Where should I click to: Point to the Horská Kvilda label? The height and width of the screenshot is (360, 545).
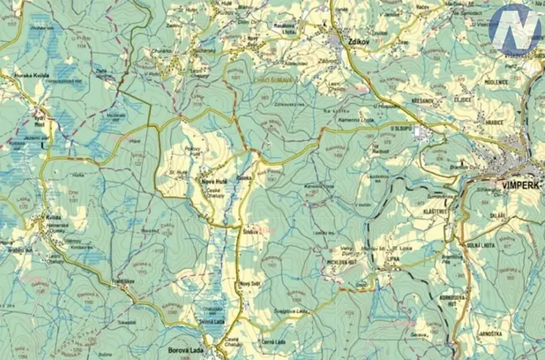[x=32, y=75]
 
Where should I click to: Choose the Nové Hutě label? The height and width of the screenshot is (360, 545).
[x=212, y=181]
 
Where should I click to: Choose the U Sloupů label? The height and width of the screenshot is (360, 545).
[x=400, y=128]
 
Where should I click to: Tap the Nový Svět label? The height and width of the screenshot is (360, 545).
[x=251, y=285]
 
